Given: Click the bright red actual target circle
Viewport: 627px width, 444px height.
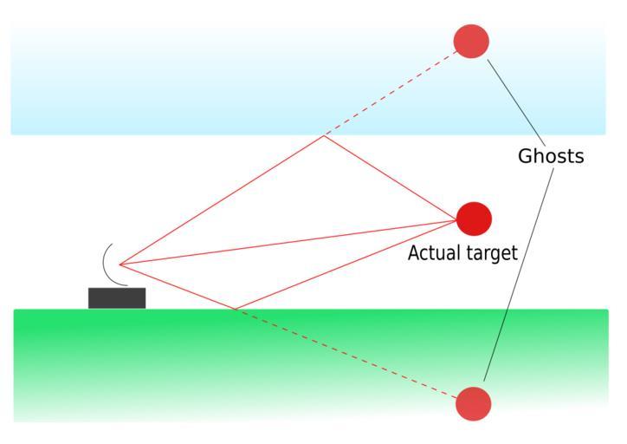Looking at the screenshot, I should click(x=473, y=219).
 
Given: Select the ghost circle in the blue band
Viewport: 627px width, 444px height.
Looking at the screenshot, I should click(x=471, y=41).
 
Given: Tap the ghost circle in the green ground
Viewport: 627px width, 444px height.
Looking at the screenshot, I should click(x=473, y=403).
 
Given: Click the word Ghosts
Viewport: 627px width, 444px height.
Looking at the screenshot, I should click(x=551, y=156).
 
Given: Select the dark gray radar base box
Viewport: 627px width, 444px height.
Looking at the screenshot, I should click(x=117, y=297).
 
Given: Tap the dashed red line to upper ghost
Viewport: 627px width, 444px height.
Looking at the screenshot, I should click(x=390, y=94).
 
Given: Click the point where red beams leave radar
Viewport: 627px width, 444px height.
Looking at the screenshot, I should click(x=120, y=264).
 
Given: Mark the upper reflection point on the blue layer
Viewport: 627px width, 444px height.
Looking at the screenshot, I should click(x=324, y=136).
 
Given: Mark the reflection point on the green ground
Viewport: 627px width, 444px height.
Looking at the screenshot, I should click(x=235, y=309).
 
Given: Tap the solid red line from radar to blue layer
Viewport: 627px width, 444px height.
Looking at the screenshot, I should click(x=222, y=200).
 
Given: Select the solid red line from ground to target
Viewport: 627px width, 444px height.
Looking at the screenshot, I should click(x=346, y=264).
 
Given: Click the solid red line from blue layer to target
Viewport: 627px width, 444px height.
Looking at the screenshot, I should click(x=390, y=177).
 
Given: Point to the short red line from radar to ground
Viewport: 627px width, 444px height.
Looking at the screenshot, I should click(x=178, y=286).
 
